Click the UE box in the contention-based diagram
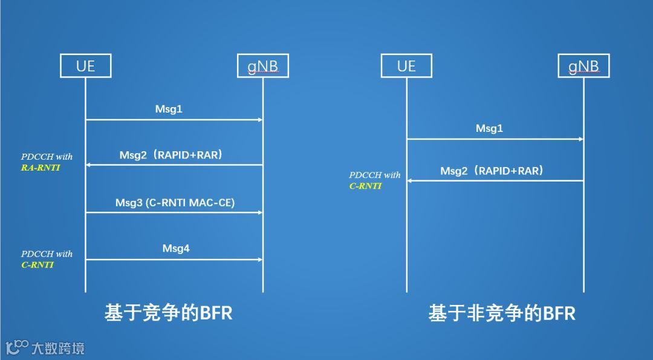[85, 66]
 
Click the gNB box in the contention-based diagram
[263, 66]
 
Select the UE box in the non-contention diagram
[406, 66]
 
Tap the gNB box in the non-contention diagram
[583, 66]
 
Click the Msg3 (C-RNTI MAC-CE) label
[175, 203]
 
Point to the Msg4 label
[176, 248]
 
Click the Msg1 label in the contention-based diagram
[169, 110]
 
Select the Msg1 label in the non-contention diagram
[489, 128]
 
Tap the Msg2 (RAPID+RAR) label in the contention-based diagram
[171, 155]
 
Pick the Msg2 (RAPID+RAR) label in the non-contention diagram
[492, 171]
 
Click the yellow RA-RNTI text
[41, 168]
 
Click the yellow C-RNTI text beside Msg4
[37, 265]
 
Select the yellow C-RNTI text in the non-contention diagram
[365, 186]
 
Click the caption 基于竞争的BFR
[168, 313]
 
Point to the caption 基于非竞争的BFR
[501, 313]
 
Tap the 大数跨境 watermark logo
[45, 347]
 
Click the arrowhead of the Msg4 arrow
[260, 260]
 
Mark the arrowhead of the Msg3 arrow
[260, 212]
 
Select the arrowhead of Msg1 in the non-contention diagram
[580, 139]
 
